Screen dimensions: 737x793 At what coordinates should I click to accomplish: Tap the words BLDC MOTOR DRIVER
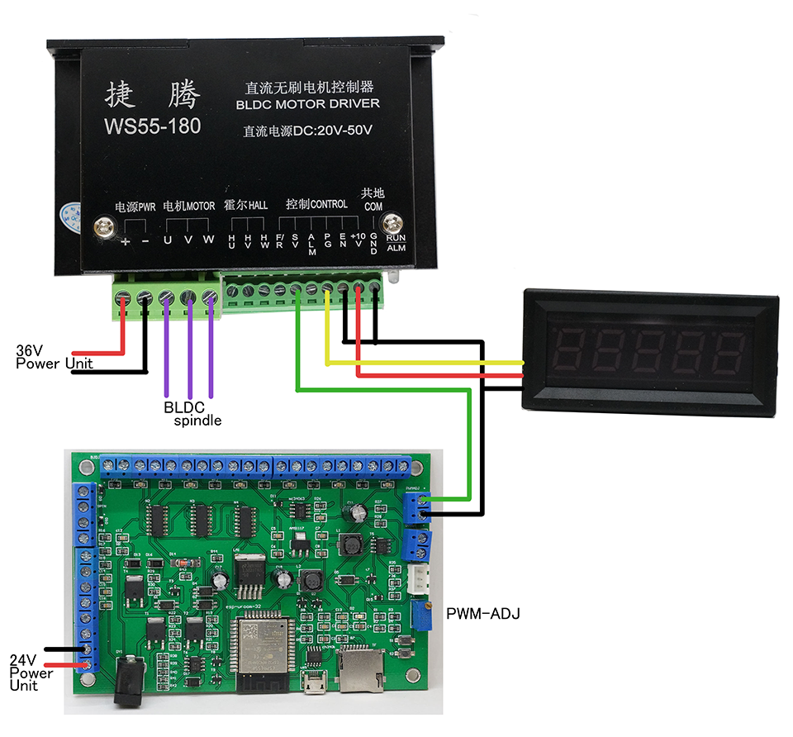(307, 104)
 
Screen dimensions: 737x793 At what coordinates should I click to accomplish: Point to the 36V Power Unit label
(54, 357)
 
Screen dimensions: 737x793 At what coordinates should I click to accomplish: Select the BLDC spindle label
(190, 413)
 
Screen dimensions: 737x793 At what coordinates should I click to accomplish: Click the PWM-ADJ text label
(482, 614)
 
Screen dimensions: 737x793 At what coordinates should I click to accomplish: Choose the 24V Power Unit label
(31, 673)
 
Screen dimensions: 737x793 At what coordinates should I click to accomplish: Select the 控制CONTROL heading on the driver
(316, 204)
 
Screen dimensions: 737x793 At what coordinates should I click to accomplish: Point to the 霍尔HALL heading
(245, 205)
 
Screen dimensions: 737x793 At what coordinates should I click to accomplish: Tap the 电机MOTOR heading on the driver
(188, 206)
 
